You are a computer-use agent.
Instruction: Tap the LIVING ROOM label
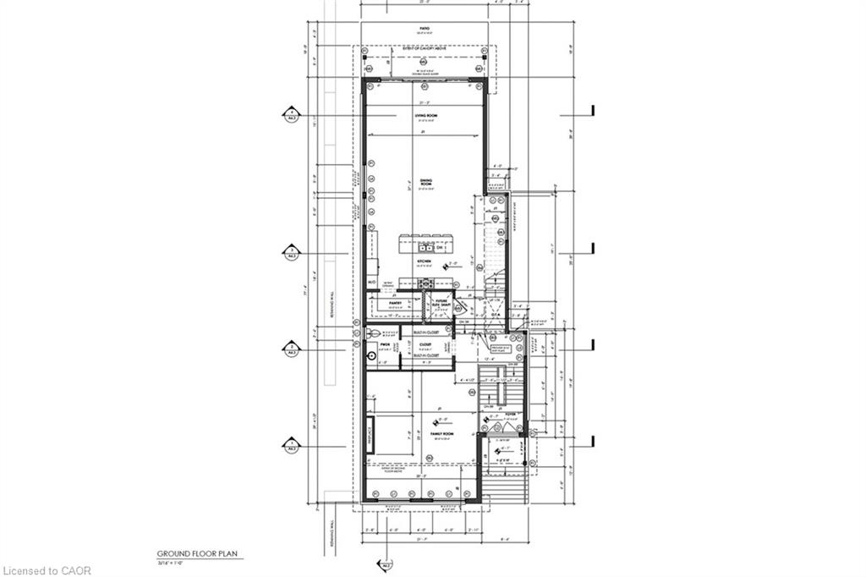(425, 116)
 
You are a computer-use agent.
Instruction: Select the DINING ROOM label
(426, 182)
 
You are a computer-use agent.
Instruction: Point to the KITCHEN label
(425, 262)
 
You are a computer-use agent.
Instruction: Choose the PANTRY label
(394, 302)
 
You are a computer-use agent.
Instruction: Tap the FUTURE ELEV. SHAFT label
(440, 302)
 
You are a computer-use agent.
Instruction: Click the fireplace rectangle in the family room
(370, 434)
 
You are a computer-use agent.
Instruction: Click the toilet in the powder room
(371, 332)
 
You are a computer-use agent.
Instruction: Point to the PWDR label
(382, 345)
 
